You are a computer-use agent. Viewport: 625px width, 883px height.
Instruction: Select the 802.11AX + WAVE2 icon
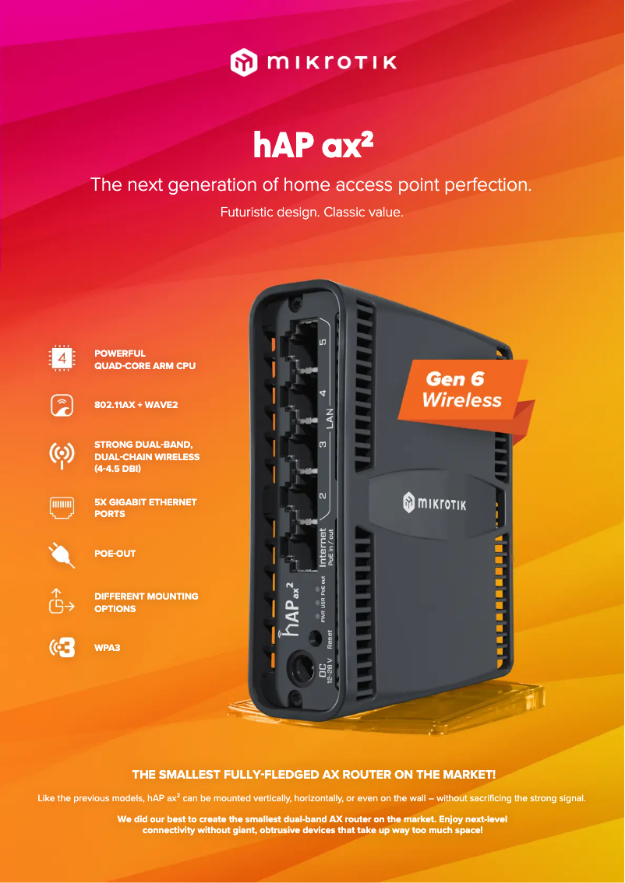pyautogui.click(x=62, y=405)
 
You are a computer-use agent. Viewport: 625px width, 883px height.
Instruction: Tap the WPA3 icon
pyautogui.click(x=62, y=647)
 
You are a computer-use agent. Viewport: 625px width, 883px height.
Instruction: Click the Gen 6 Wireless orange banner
pyautogui.click(x=463, y=390)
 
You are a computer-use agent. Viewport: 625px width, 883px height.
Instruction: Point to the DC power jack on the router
pyautogui.click(x=298, y=668)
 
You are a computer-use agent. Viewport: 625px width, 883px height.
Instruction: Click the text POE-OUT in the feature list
pyautogui.click(x=115, y=554)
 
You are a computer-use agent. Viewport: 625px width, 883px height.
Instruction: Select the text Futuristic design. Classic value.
pyautogui.click(x=312, y=212)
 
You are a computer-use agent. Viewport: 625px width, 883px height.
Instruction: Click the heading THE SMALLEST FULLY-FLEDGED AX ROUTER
pyautogui.click(x=313, y=775)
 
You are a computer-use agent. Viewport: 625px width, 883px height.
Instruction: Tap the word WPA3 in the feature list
pyautogui.click(x=108, y=647)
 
